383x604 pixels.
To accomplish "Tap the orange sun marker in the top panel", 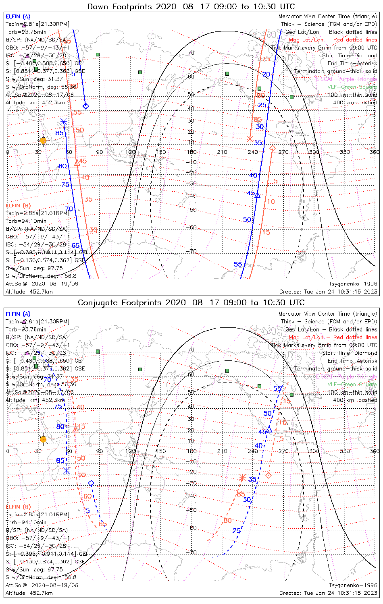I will coord(43,141).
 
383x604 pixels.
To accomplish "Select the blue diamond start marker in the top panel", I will coord(85,106).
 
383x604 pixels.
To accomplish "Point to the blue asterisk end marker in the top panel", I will coord(64,121).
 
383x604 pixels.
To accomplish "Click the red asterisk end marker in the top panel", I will coord(250,139).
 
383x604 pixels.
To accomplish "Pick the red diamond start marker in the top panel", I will coord(272,149).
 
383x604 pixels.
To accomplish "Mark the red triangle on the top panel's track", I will coord(77,163).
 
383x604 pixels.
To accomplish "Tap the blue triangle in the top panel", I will coord(258,195).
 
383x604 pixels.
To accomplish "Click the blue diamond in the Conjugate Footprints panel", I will coord(91,483).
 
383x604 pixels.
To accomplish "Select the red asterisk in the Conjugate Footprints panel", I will coord(242,478).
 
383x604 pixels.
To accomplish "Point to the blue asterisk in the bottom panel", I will coord(67,471).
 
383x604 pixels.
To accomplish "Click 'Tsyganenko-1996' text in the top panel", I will coord(353,284).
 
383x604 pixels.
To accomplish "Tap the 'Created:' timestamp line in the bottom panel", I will coord(328,593).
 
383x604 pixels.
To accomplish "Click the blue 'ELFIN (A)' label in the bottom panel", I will coord(18,314).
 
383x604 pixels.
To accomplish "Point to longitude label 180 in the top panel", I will coord(191,152).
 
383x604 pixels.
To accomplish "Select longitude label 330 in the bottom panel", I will coord(345,451).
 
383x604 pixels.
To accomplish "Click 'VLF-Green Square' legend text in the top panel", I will coord(352,87).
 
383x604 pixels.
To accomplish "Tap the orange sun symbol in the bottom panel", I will coord(43,439).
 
